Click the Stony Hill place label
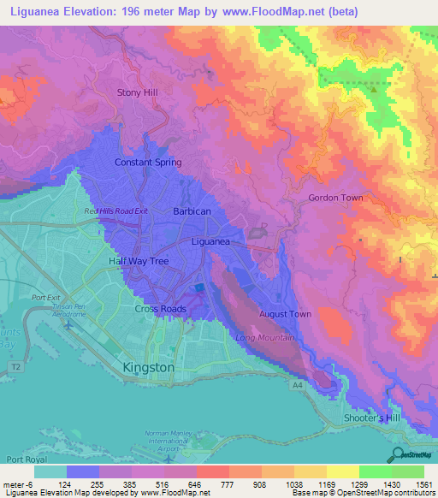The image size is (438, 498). pos(138,92)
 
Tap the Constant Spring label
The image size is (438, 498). pos(148,162)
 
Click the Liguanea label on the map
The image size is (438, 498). pos(210,241)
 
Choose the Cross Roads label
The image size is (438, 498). pos(159,309)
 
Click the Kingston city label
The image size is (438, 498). pos(149,367)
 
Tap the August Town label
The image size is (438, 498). pos(285,314)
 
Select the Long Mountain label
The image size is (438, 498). pos(264,338)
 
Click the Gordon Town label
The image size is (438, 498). pos(335,198)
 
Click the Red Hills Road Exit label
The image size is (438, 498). pos(116,210)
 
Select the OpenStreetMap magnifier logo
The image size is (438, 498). pos(396,454)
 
